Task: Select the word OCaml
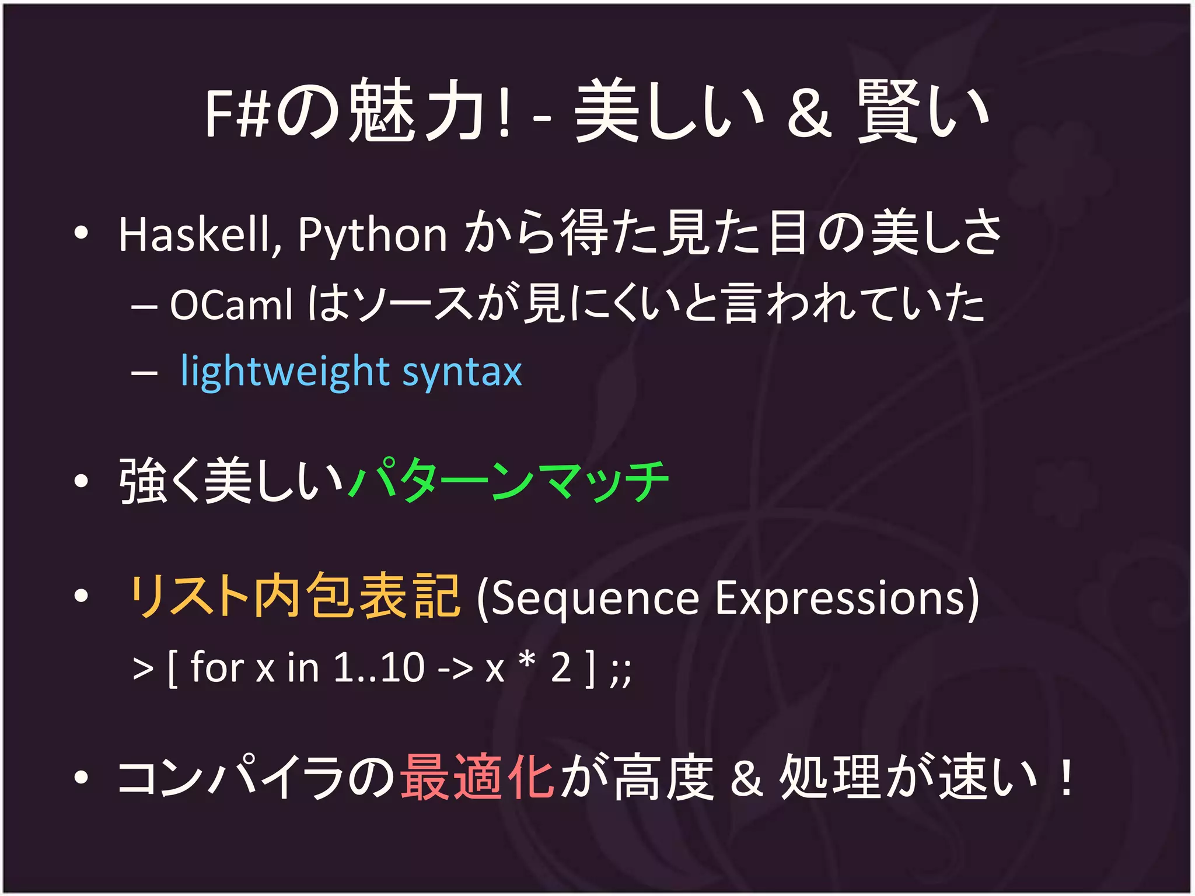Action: (231, 304)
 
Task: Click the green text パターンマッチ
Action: (508, 481)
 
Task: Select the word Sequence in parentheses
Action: (589, 598)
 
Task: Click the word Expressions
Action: (846, 598)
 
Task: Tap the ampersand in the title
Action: (809, 115)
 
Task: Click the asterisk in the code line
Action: (527, 661)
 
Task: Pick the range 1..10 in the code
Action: (379, 667)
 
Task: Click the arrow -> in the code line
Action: (455, 668)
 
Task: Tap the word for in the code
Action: (217, 667)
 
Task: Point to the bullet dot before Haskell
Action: (81, 234)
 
